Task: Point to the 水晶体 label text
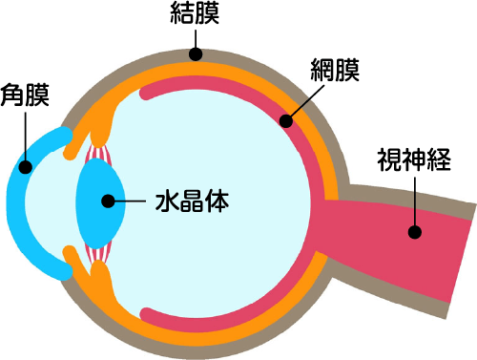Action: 194,202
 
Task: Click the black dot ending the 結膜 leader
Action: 196,54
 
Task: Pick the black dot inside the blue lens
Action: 106,201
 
